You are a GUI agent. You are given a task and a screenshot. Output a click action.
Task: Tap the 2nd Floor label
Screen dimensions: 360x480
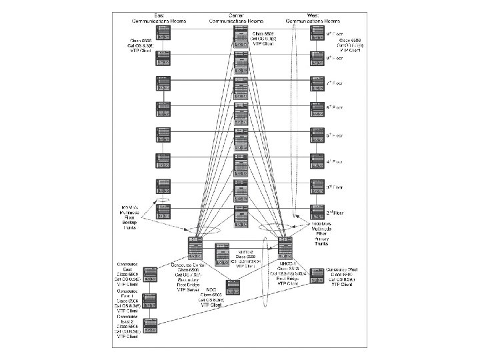tap(334, 213)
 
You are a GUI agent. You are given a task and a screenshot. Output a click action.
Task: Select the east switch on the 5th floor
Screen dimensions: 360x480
tap(163, 134)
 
